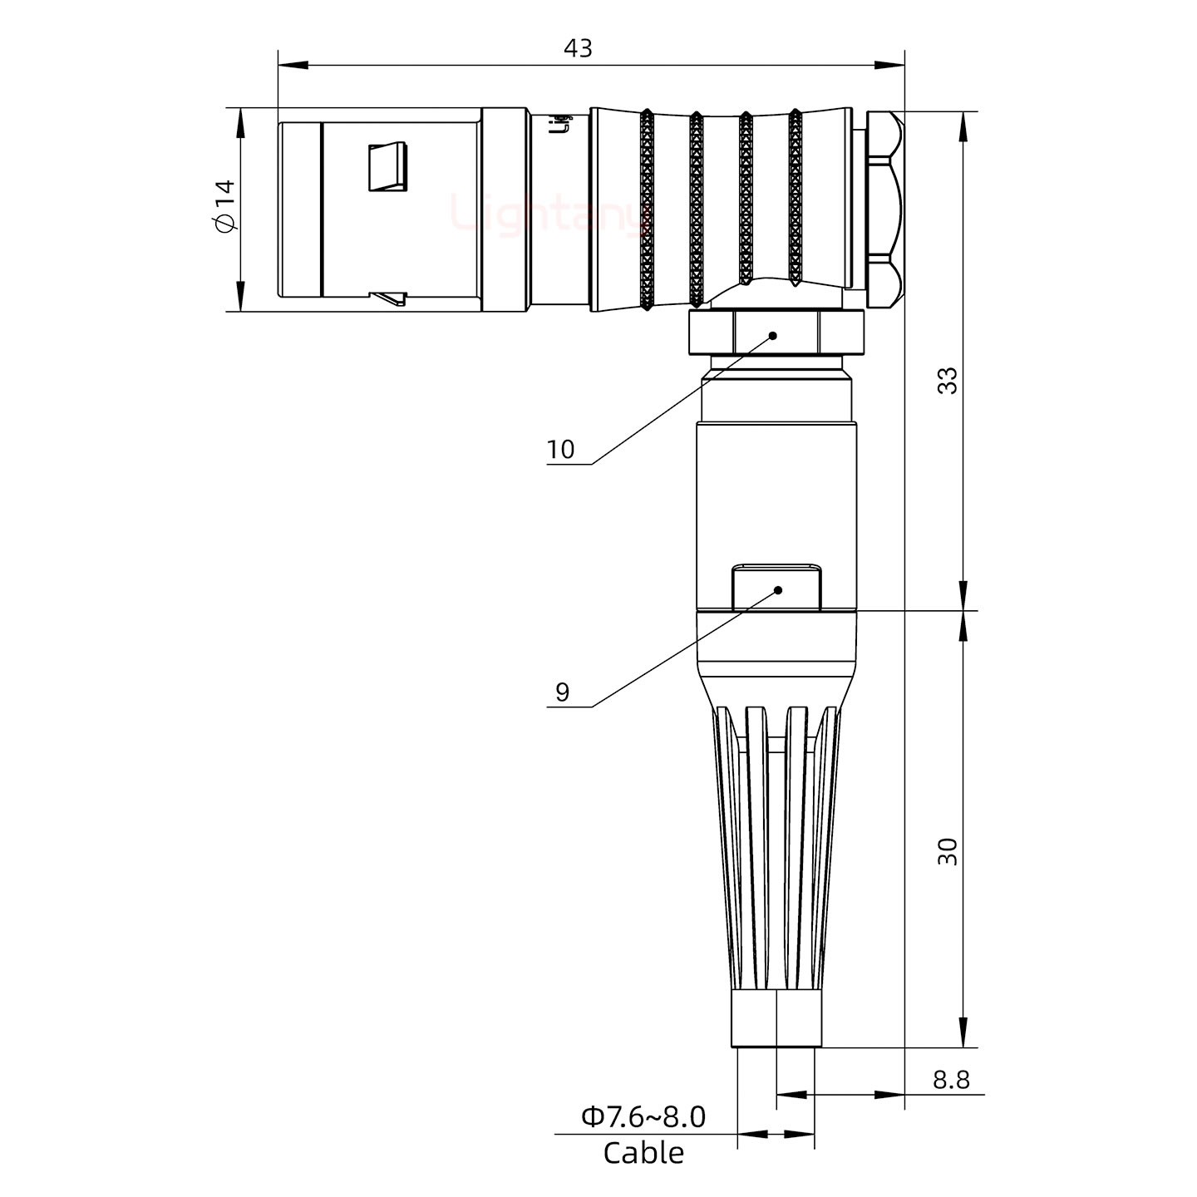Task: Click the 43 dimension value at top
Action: tap(578, 48)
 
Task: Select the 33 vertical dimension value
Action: tap(947, 380)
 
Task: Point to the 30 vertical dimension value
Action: tap(947, 851)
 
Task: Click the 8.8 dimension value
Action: tap(950, 1080)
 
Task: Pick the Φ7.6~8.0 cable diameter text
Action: tap(643, 1117)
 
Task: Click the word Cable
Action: tap(643, 1154)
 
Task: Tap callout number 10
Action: tap(560, 450)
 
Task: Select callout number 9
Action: tap(562, 692)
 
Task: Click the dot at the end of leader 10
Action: tap(773, 336)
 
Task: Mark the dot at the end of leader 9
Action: tap(778, 590)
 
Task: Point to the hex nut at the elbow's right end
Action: tap(883, 209)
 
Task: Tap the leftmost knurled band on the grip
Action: tap(647, 211)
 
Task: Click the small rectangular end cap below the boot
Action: tap(776, 1018)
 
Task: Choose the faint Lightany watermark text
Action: tap(549, 213)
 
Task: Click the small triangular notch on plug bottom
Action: tap(390, 297)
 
